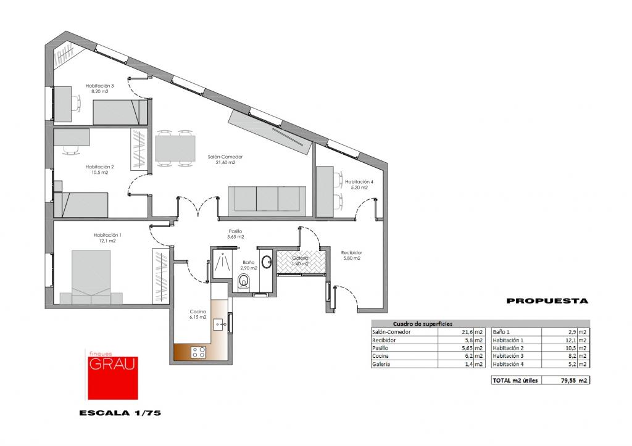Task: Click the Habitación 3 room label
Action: [x=99, y=86]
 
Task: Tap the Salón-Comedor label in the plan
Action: [x=225, y=157]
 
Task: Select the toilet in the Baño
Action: [x=244, y=281]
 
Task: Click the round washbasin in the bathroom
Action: [x=267, y=262]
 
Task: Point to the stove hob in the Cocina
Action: [x=199, y=352]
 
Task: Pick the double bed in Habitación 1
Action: [x=91, y=277]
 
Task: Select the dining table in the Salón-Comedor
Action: [x=175, y=148]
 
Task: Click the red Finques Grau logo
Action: [x=113, y=374]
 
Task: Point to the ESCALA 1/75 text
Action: [x=120, y=413]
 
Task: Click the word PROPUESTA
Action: [x=547, y=300]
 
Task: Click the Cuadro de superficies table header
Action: [x=422, y=324]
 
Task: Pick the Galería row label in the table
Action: [x=381, y=364]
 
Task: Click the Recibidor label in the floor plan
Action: [x=351, y=253]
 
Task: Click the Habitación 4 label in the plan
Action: [x=359, y=182]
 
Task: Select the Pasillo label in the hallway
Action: [x=235, y=231]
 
